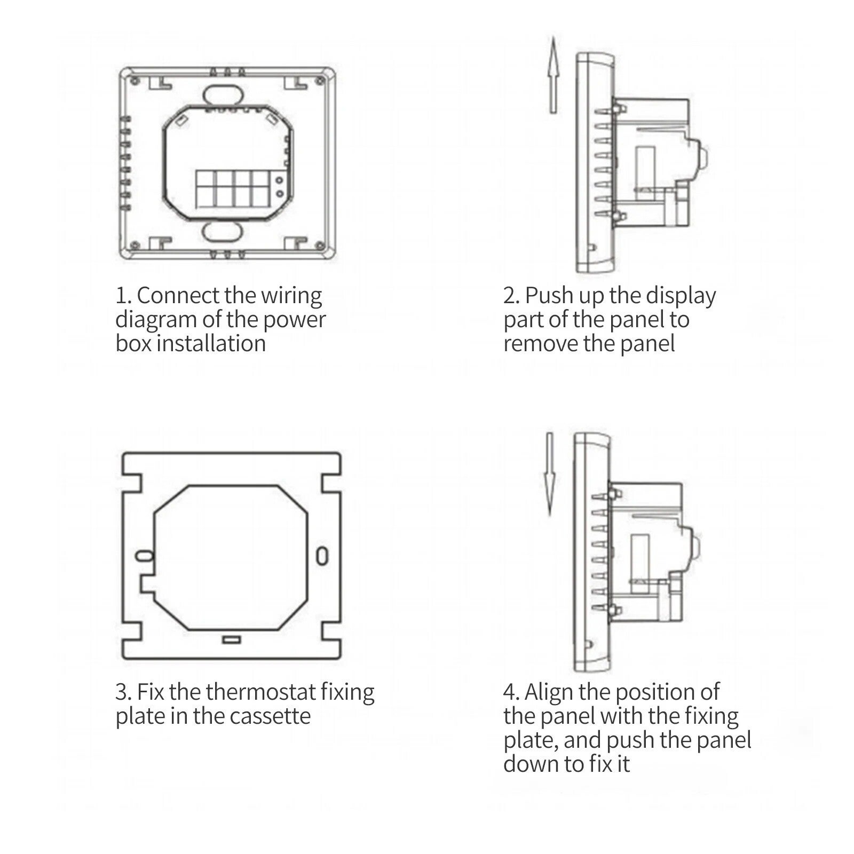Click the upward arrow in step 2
tap(553, 75)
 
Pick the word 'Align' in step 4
tap(549, 693)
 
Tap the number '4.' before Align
tap(511, 692)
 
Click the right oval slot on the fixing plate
tap(322, 556)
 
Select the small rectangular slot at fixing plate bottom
tap(232, 639)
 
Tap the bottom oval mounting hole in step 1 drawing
tap(222, 232)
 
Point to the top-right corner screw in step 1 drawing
tap(320, 81)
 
